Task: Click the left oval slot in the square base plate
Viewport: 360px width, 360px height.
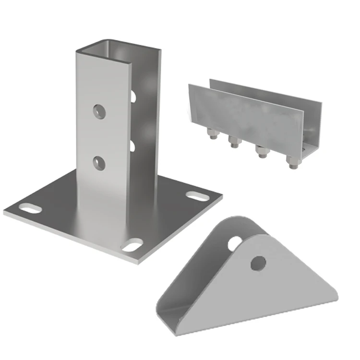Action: click(x=30, y=209)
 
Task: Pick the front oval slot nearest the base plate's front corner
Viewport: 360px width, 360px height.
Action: click(x=132, y=245)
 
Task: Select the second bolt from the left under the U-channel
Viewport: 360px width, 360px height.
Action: click(x=234, y=142)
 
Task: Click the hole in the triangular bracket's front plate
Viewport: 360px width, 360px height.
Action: click(x=258, y=263)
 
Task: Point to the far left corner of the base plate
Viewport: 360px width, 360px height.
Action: click(x=5, y=211)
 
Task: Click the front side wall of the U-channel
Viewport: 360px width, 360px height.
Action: click(x=245, y=115)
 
